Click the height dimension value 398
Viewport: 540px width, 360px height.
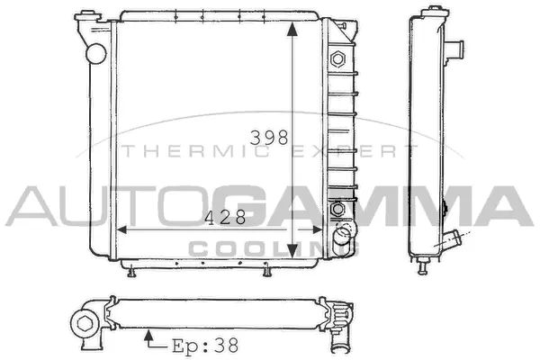pyautogui.click(x=269, y=138)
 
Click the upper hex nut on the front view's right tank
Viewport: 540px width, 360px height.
pyautogui.click(x=339, y=59)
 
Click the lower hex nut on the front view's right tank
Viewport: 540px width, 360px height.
pyautogui.click(x=338, y=210)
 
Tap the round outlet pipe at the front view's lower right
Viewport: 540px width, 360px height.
pyautogui.click(x=341, y=238)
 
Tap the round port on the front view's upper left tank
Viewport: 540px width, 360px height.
pyautogui.click(x=94, y=51)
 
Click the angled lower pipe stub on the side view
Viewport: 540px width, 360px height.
pyautogui.click(x=454, y=242)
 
